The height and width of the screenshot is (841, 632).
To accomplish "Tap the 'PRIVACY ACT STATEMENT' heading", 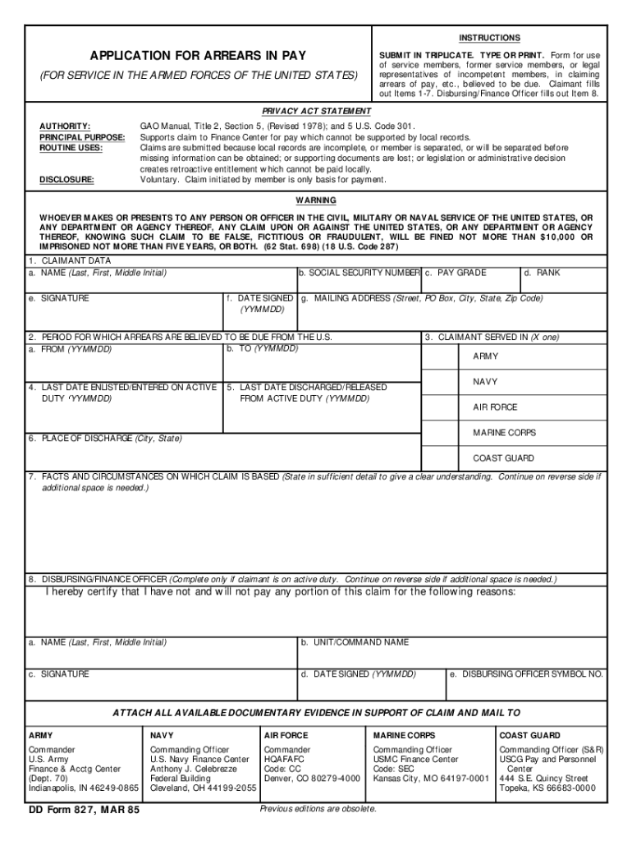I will (316, 111).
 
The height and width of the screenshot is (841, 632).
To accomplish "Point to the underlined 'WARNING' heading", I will (316, 200).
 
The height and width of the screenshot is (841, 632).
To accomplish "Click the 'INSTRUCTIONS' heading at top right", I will (489, 38).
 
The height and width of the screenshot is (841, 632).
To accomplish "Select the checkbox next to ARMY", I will (441, 356).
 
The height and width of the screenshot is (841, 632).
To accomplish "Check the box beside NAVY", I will (441, 382).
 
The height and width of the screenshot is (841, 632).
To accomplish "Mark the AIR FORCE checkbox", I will (441, 407).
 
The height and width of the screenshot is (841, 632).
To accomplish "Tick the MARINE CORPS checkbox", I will (441, 433).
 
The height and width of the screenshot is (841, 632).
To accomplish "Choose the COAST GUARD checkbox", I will (441, 458).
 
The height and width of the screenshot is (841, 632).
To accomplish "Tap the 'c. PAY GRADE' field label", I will (456, 273).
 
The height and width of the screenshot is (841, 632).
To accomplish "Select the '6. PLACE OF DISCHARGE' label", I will (105, 439).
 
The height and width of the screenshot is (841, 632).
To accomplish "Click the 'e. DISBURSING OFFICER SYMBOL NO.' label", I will (526, 674).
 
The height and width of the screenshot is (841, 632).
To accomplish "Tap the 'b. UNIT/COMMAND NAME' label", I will (355, 642).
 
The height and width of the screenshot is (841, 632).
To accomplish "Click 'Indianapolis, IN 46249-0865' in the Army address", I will (84, 788).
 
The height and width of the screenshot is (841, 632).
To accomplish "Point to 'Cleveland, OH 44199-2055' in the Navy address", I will (203, 788).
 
